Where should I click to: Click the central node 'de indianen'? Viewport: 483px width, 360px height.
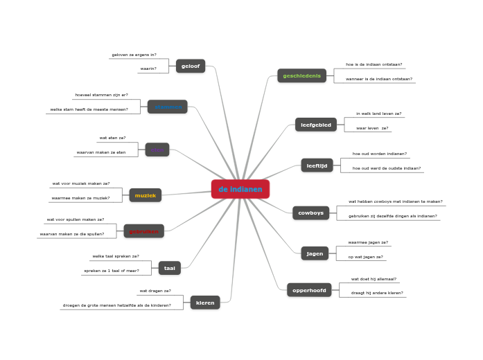coord(240,189)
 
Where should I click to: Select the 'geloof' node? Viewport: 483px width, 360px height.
coord(191,66)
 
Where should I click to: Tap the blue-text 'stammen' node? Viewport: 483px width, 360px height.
coord(168,107)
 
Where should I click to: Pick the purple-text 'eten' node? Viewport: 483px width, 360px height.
coord(157,150)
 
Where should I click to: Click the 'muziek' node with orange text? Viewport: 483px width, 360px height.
coord(146,195)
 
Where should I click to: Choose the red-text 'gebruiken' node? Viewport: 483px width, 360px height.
coord(144,231)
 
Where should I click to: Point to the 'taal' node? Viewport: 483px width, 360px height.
coord(170,268)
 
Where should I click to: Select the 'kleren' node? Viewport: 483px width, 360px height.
coord(205,303)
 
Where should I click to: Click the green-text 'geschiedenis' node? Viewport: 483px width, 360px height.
coord(301,75)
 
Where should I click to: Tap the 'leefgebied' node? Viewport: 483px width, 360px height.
coord(316,125)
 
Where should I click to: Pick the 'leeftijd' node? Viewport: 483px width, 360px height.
coord(317,165)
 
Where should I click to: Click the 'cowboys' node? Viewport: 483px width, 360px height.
coord(310,213)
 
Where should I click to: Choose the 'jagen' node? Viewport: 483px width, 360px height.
coord(315,253)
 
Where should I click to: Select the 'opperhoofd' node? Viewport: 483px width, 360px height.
coord(309,290)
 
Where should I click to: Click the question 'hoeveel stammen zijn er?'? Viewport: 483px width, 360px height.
coord(101,95)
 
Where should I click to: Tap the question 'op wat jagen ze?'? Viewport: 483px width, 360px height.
coord(365,257)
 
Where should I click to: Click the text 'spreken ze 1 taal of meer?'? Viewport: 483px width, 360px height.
coord(112,271)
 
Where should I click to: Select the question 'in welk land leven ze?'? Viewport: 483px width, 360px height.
coord(378,114)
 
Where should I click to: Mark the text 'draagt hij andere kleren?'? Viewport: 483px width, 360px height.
coord(377,293)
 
